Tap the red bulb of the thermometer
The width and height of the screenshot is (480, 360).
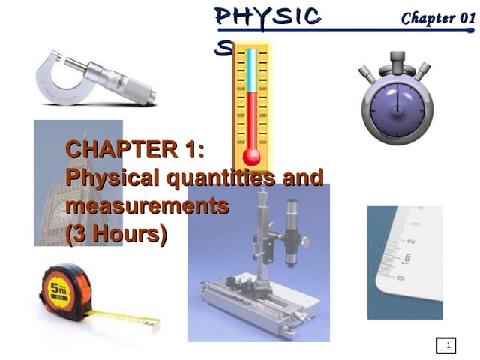coord(251,157)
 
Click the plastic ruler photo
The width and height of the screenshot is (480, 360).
coord(404,262)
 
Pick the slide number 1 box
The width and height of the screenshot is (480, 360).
coord(447,346)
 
